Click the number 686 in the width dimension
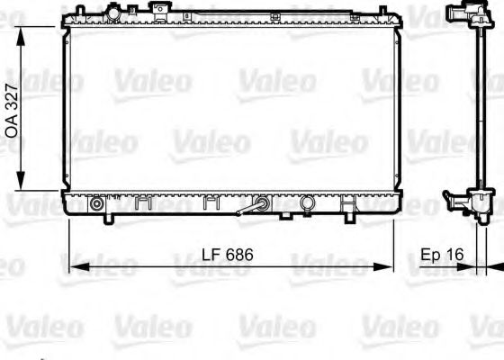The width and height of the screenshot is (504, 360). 238,256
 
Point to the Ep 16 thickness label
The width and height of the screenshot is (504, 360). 441,256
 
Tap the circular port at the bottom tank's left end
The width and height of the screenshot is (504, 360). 96,204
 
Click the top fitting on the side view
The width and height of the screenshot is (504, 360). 458,16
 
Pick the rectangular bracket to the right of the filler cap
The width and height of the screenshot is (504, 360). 159,10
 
